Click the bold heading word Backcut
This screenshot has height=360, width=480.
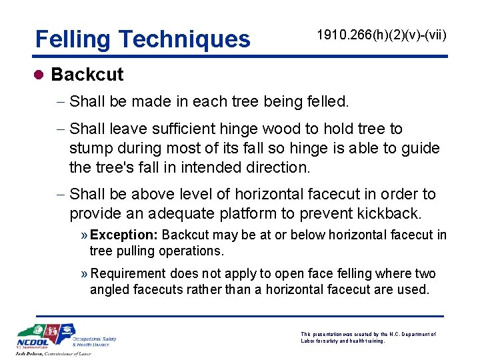[x=87, y=74]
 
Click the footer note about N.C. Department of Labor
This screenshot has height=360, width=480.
[x=368, y=337]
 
